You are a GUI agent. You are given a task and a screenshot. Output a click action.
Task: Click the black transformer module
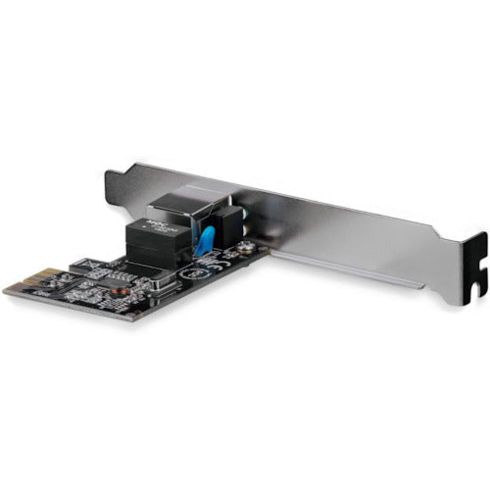tap(157, 240)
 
